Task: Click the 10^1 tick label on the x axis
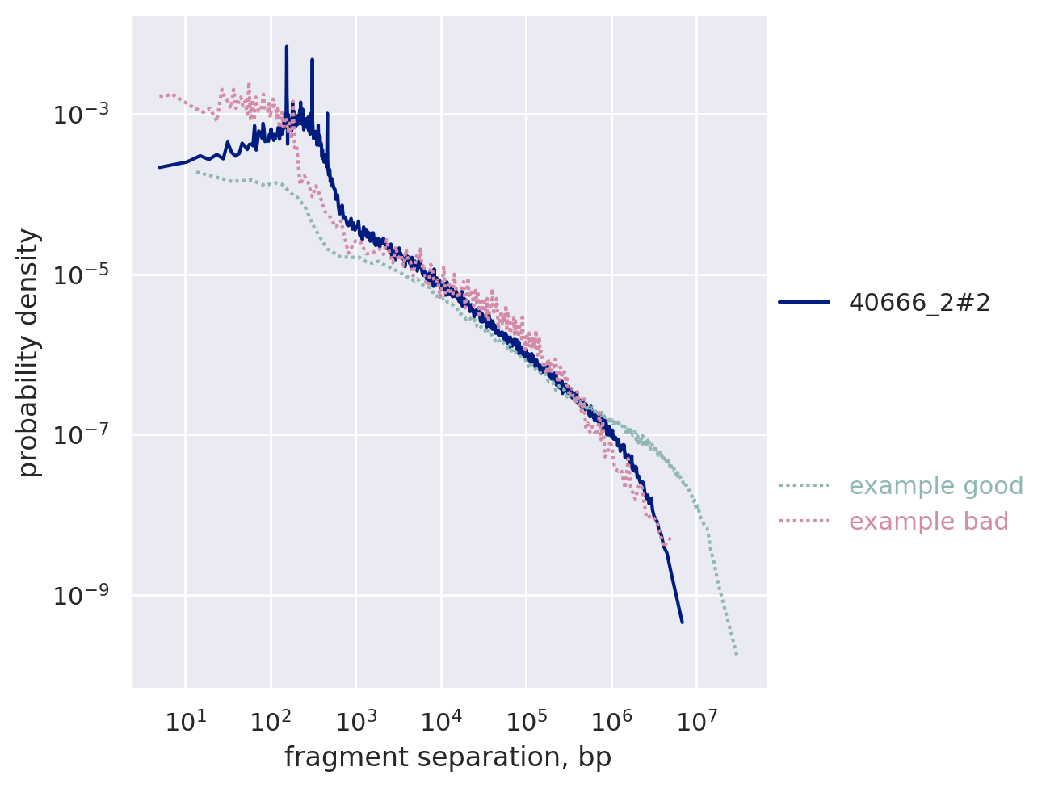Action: click(185, 721)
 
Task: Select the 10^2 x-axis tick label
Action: click(271, 721)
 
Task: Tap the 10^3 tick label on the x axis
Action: click(355, 721)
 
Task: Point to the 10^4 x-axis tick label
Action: click(441, 721)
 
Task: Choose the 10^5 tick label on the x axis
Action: click(526, 721)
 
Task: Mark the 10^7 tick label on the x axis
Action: click(696, 721)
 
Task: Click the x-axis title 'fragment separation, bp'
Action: click(447, 757)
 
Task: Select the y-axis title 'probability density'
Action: click(29, 352)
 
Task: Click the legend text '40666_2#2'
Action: click(919, 302)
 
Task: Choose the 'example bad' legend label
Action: click(929, 522)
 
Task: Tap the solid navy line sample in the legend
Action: click(804, 302)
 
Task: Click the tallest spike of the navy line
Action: click(286, 48)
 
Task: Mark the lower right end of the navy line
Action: click(682, 622)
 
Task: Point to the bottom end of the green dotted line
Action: click(737, 654)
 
